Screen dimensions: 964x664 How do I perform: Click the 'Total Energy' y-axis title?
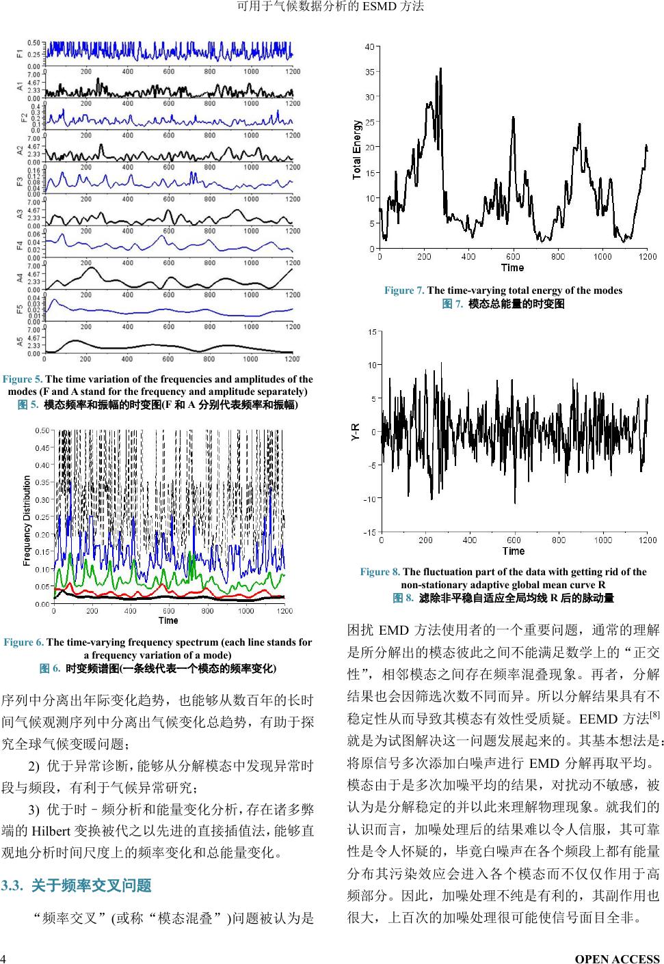pyautogui.click(x=357, y=150)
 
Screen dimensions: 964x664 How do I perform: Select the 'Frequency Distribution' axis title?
pyautogui.click(x=27, y=521)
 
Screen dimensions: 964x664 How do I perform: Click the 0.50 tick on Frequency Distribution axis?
pyautogui.click(x=42, y=430)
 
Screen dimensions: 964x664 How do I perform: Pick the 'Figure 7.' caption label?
pyautogui.click(x=404, y=290)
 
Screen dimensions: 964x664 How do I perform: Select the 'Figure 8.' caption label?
pyautogui.click(x=380, y=572)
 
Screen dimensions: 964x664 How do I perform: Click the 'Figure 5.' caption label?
pyautogui.click(x=23, y=379)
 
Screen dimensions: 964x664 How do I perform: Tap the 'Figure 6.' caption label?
pyautogui.click(x=23, y=642)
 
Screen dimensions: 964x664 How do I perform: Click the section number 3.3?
pyautogui.click(x=13, y=886)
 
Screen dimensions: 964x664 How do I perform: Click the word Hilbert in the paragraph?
pyautogui.click(x=49, y=831)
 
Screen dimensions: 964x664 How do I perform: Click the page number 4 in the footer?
pyautogui.click(x=3, y=959)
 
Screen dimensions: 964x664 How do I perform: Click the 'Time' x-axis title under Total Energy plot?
pyautogui.click(x=512, y=267)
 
